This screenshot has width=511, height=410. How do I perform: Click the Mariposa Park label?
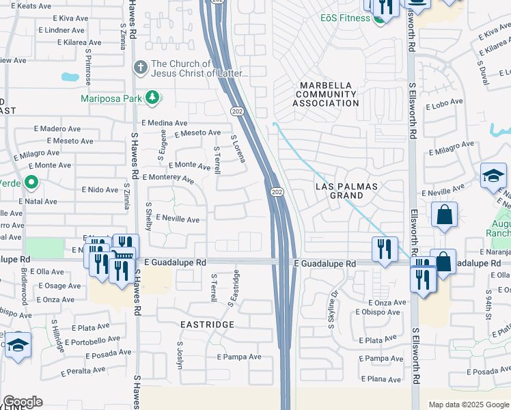(x=111, y=98)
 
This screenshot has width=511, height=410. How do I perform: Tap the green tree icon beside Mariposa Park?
(x=154, y=98)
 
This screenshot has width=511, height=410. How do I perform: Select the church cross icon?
(x=140, y=68)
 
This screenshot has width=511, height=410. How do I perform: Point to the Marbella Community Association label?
(x=326, y=94)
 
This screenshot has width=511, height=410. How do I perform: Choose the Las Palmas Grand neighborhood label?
(x=347, y=191)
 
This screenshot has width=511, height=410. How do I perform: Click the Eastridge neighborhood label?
(x=208, y=324)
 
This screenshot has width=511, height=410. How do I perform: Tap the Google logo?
(x=23, y=402)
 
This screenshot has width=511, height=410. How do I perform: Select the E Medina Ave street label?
(x=164, y=122)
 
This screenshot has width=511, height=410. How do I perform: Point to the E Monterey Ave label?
(x=168, y=178)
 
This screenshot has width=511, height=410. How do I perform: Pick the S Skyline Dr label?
(x=333, y=311)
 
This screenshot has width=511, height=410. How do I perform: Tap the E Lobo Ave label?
(x=445, y=107)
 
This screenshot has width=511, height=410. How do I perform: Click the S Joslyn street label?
(x=181, y=355)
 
